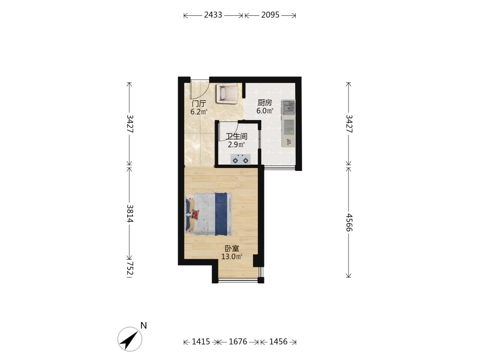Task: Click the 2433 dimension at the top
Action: [213, 15]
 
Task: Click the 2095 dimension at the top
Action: [270, 15]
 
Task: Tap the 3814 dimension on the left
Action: [130, 214]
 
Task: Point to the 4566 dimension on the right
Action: [349, 223]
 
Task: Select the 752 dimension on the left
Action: [130, 268]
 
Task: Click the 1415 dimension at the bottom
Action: [201, 342]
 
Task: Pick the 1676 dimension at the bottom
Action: [238, 342]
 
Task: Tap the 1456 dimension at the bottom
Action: [278, 342]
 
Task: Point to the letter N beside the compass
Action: [144, 325]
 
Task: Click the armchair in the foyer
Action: [227, 93]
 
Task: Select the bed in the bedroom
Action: [208, 214]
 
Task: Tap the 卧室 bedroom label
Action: [232, 249]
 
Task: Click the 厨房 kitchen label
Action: [264, 103]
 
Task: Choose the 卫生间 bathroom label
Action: [236, 136]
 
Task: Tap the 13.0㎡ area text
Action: [232, 256]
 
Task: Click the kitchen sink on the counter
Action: [288, 108]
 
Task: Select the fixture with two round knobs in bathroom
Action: [240, 159]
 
